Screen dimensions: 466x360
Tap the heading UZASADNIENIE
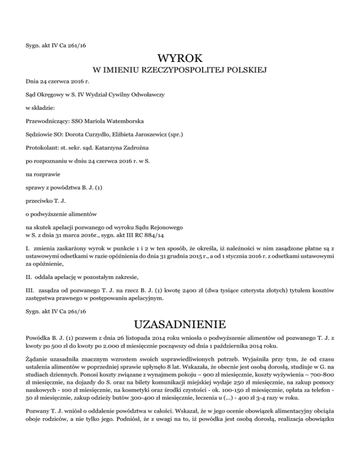click(180, 324)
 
